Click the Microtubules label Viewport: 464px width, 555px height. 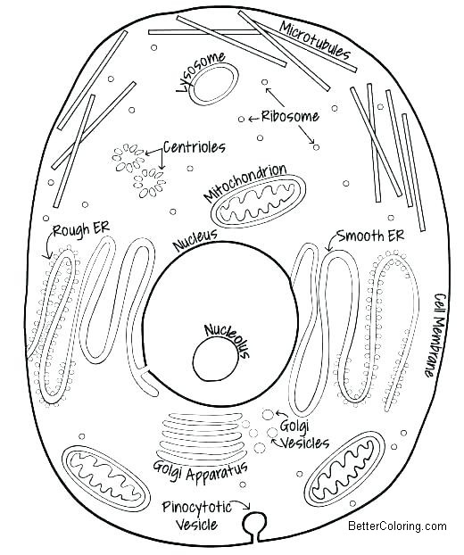pyautogui.click(x=315, y=40)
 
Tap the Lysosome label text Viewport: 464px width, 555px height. pyautogui.click(x=201, y=70)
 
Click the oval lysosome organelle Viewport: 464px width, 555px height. pyautogui.click(x=214, y=84)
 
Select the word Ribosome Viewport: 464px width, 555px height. pyautogui.click(x=290, y=116)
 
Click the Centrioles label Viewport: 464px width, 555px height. pyautogui.click(x=195, y=147)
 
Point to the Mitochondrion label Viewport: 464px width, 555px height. pyautogui.click(x=244, y=182)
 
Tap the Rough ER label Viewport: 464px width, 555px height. pyautogui.click(x=80, y=229)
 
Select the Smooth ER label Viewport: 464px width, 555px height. pyautogui.click(x=370, y=236)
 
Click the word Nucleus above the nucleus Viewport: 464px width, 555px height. pyautogui.click(x=195, y=240)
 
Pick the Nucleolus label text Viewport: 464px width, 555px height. pyautogui.click(x=227, y=339)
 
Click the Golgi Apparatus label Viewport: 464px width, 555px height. pyautogui.click(x=201, y=471)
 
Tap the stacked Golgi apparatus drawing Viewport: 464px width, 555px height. pyautogui.click(x=201, y=435)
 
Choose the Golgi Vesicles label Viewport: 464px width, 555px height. pyautogui.click(x=304, y=435)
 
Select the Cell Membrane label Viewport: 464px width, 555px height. pyautogui.click(x=435, y=335)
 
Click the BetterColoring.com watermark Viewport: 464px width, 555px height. pyautogui.click(x=397, y=526)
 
